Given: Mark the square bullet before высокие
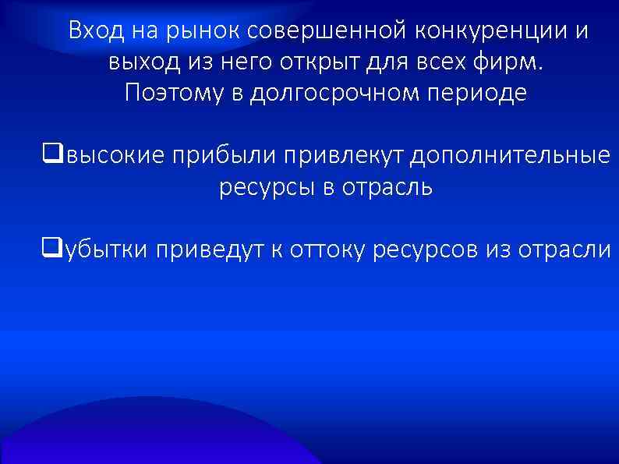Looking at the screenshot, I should (53, 154).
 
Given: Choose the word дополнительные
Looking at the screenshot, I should (511, 156).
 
